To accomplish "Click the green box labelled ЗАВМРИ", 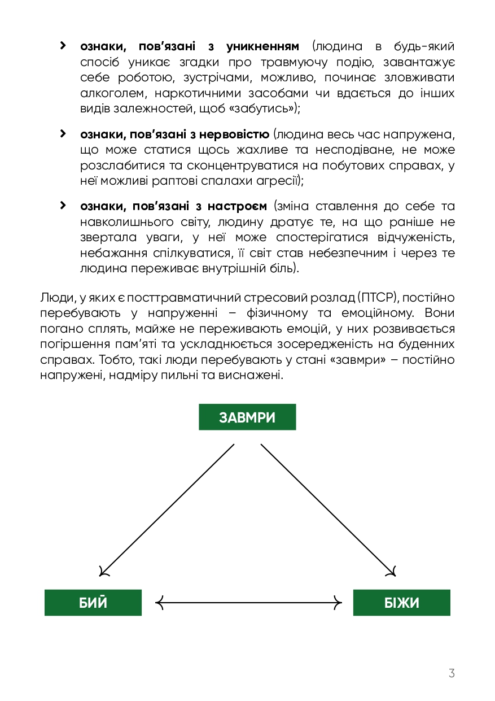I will point(247,417).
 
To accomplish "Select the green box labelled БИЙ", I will point(93,603).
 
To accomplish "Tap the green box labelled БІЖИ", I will point(402,603).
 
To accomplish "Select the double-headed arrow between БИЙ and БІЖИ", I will point(248,603).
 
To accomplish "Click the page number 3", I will point(451,673).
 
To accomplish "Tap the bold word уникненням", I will point(266,46).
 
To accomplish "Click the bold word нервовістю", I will point(236,134).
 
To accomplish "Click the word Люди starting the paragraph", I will point(55,298).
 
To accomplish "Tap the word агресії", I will point(279,181).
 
